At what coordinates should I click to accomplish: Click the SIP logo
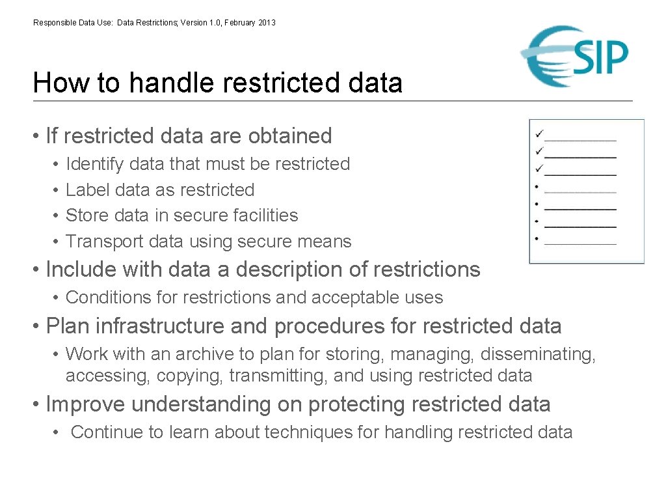[x=575, y=57]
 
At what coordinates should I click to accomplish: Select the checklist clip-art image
[x=587, y=191]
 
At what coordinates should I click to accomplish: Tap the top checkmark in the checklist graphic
[x=539, y=134]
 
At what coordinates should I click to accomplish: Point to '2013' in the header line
[x=267, y=23]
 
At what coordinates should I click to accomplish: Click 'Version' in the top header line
[x=193, y=23]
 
